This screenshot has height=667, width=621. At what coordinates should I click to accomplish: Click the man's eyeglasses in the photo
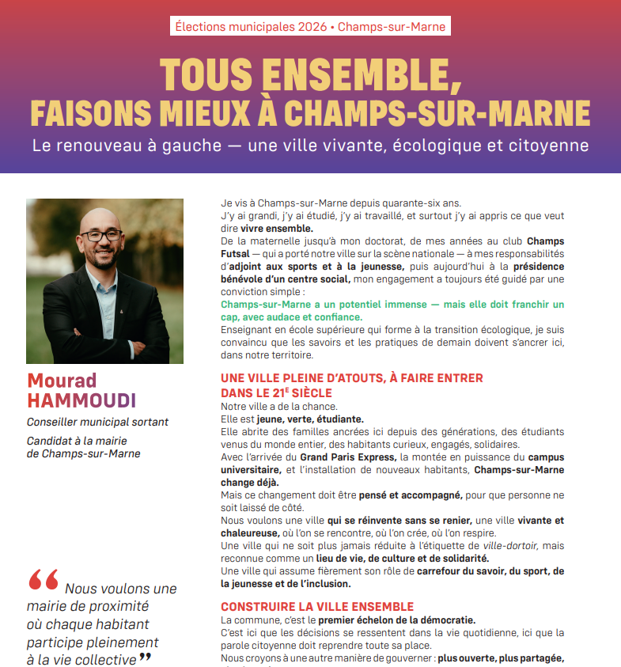[x=103, y=235]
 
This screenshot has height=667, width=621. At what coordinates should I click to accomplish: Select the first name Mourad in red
[x=62, y=380]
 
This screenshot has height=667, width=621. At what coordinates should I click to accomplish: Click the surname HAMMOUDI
[x=81, y=400]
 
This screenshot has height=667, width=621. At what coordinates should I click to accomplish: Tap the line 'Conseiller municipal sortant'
[x=97, y=422]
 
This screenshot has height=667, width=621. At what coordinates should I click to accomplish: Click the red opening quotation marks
[x=44, y=582]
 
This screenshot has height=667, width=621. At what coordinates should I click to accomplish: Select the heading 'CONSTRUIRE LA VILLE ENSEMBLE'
[x=317, y=607]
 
